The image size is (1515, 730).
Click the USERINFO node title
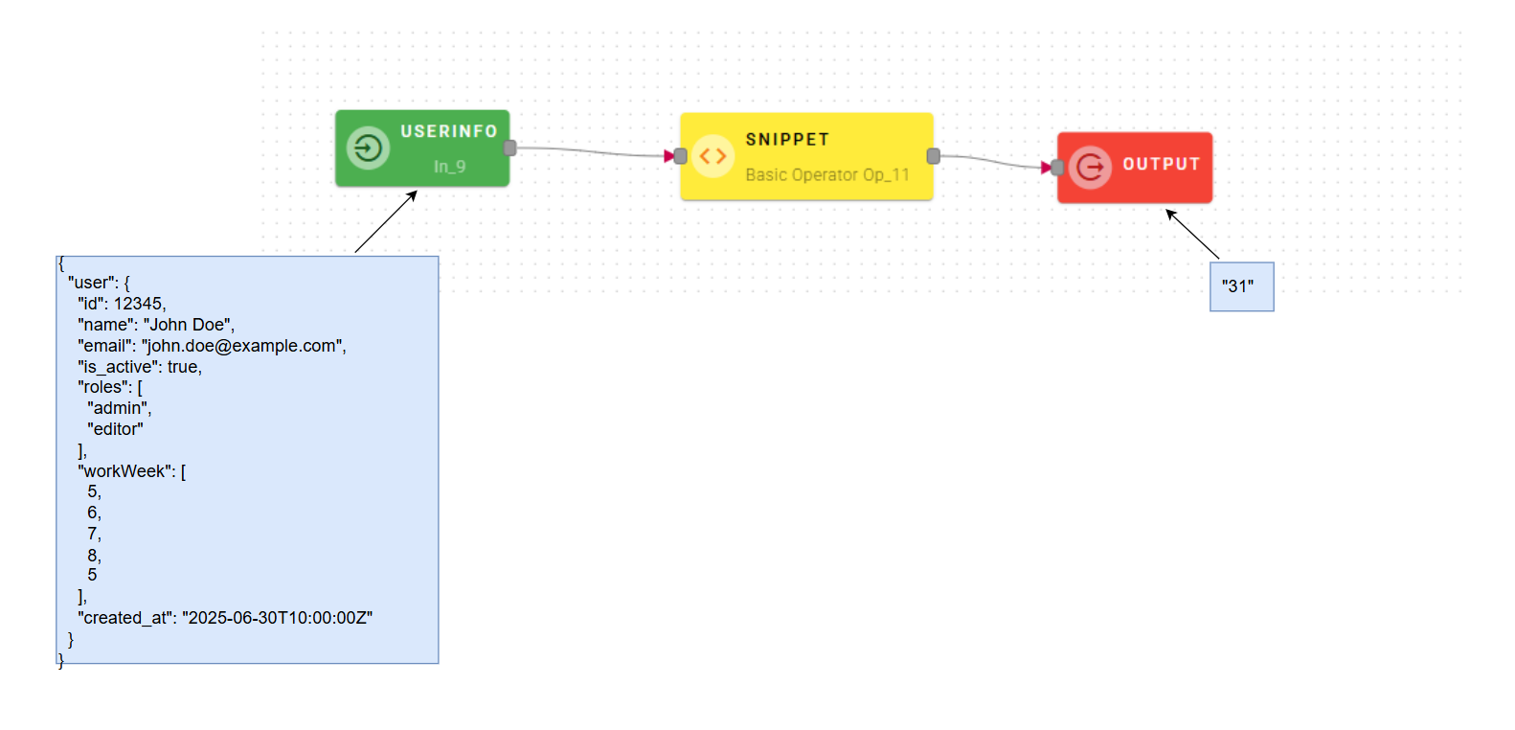(x=448, y=131)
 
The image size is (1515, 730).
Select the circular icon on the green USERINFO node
(x=368, y=148)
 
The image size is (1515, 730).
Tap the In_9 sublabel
(x=449, y=167)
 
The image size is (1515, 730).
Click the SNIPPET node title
(x=787, y=140)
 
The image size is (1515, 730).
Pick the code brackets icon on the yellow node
(x=712, y=156)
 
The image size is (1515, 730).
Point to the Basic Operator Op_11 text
(x=826, y=174)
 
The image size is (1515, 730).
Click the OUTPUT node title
(x=1161, y=164)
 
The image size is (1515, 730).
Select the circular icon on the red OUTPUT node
(x=1090, y=168)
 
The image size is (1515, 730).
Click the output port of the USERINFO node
(x=510, y=148)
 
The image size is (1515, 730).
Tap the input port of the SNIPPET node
(x=681, y=156)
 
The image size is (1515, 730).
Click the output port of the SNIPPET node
(x=933, y=156)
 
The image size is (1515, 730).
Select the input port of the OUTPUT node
(x=1057, y=168)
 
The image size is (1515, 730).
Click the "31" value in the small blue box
(x=1237, y=286)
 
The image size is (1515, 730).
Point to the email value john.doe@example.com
(x=244, y=346)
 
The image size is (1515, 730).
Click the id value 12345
(x=139, y=304)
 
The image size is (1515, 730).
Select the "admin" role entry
(x=119, y=408)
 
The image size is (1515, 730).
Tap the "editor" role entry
(x=115, y=429)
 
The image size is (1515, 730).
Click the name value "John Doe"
(x=189, y=325)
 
